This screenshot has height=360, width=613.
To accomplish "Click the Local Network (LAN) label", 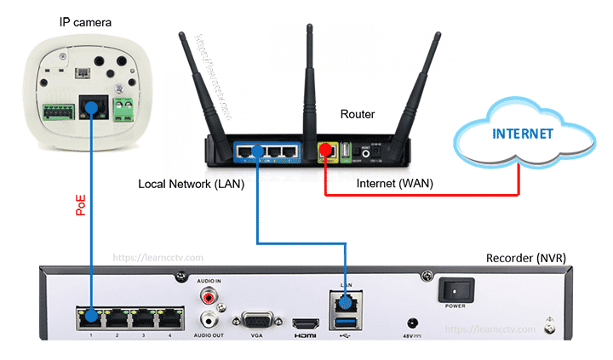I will [x=188, y=183].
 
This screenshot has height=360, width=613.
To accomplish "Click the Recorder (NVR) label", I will [x=525, y=257].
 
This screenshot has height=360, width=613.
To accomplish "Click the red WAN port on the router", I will [x=324, y=151].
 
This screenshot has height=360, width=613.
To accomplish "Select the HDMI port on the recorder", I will [x=304, y=323].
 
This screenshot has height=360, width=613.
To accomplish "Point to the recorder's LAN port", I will [x=345, y=301].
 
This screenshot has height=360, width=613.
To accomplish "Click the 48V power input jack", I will [x=414, y=323].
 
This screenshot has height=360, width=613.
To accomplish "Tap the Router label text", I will [x=357, y=113].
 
